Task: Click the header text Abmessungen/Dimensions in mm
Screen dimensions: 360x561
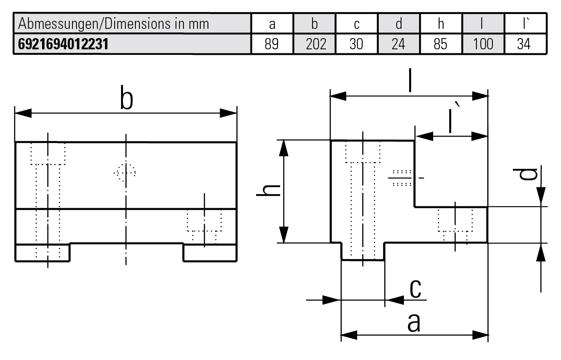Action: click(114, 24)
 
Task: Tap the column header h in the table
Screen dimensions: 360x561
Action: click(441, 24)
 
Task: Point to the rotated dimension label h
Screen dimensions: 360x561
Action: click(268, 191)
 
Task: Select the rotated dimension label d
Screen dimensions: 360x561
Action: click(525, 174)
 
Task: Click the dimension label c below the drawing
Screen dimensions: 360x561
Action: click(416, 288)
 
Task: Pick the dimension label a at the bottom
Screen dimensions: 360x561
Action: click(414, 323)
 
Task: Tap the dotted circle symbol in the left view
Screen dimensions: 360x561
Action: click(125, 173)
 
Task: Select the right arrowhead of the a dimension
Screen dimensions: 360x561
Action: click(480, 335)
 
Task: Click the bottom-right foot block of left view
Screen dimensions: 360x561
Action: click(210, 253)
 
